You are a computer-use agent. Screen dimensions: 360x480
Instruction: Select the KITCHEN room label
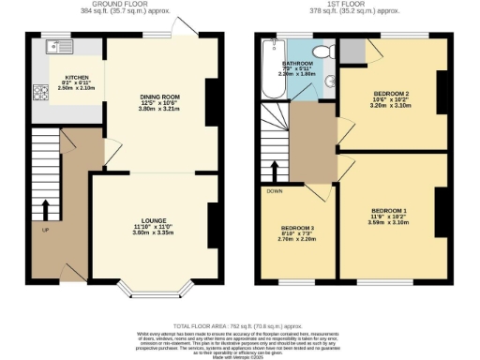pyautogui.click(x=77, y=78)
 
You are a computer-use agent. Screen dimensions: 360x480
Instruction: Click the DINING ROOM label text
pyautogui.click(x=158, y=97)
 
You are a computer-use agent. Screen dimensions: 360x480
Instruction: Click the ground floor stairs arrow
pyautogui.click(x=46, y=207)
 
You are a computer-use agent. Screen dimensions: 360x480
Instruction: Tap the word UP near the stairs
pyautogui.click(x=46, y=228)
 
